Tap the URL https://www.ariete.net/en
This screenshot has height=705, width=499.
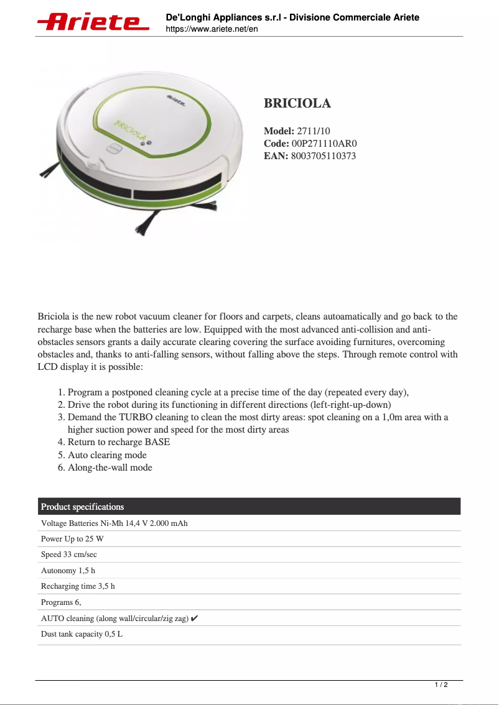(x=212, y=29)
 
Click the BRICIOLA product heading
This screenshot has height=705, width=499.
(x=297, y=103)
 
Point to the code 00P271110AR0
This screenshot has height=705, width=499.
(x=324, y=144)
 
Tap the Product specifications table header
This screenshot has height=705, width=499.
(x=83, y=507)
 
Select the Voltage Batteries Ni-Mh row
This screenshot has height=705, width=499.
(x=114, y=523)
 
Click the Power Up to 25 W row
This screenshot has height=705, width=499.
(x=72, y=539)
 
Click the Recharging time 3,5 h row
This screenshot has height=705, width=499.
(x=78, y=586)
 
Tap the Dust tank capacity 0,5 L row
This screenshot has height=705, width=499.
(x=82, y=634)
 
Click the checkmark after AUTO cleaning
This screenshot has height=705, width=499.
(x=195, y=619)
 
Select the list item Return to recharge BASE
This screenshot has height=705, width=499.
(x=118, y=442)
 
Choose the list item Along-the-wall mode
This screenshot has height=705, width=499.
(x=110, y=468)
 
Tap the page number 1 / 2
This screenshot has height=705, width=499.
(x=441, y=685)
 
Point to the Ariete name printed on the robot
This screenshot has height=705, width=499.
(x=177, y=101)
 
